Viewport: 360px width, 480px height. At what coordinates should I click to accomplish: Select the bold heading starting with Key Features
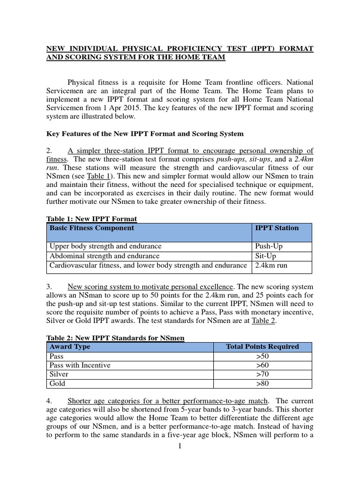pyautogui.click(x=145, y=134)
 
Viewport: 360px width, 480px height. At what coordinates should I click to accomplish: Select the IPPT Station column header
pyautogui.click(x=277, y=228)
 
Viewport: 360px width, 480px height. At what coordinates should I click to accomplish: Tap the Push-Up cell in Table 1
pyautogui.click(x=269, y=247)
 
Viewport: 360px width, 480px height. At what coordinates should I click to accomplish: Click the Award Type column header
pyautogui.click(x=70, y=347)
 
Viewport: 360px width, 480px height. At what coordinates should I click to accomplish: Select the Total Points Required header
pyautogui.click(x=262, y=347)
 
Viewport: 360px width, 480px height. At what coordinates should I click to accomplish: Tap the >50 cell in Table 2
pyautogui.click(x=262, y=356)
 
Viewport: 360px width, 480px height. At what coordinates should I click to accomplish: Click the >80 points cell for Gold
pyautogui.click(x=262, y=383)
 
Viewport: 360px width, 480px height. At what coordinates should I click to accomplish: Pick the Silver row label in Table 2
pyautogui.click(x=59, y=375)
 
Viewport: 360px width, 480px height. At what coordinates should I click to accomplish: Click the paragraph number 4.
pyautogui.click(x=49, y=401)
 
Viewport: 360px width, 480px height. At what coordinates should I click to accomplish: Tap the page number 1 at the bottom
pyautogui.click(x=179, y=446)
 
